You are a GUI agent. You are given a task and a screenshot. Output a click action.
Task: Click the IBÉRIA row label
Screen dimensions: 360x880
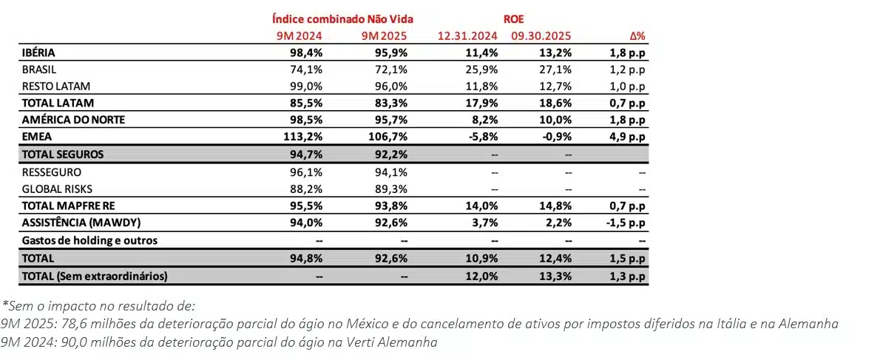coord(39,53)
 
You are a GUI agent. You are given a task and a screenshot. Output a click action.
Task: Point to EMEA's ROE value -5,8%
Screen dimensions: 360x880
coord(481,136)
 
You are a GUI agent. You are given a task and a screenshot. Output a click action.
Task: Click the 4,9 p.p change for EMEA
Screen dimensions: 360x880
coord(627,136)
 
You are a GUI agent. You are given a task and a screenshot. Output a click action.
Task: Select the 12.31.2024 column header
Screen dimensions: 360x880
coord(467,35)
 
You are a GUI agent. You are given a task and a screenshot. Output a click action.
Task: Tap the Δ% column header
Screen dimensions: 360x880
coord(636,35)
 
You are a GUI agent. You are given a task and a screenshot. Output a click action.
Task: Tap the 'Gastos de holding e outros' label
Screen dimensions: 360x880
coord(89,240)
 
